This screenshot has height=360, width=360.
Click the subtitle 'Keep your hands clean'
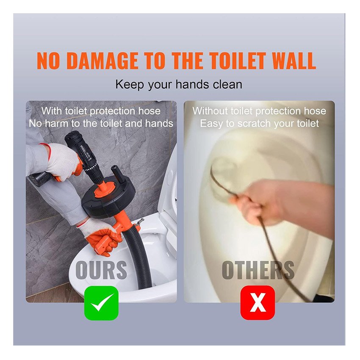coord(179,85)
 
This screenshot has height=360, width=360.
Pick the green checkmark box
coord(102,303)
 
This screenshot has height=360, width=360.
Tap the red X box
coord(258,302)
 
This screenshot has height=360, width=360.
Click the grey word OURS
coord(101,270)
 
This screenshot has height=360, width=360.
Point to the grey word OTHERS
coord(258,270)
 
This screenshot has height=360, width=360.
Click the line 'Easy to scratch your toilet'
coord(259,124)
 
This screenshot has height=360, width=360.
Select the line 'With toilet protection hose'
coord(101,111)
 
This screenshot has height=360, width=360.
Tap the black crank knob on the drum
coord(117,174)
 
